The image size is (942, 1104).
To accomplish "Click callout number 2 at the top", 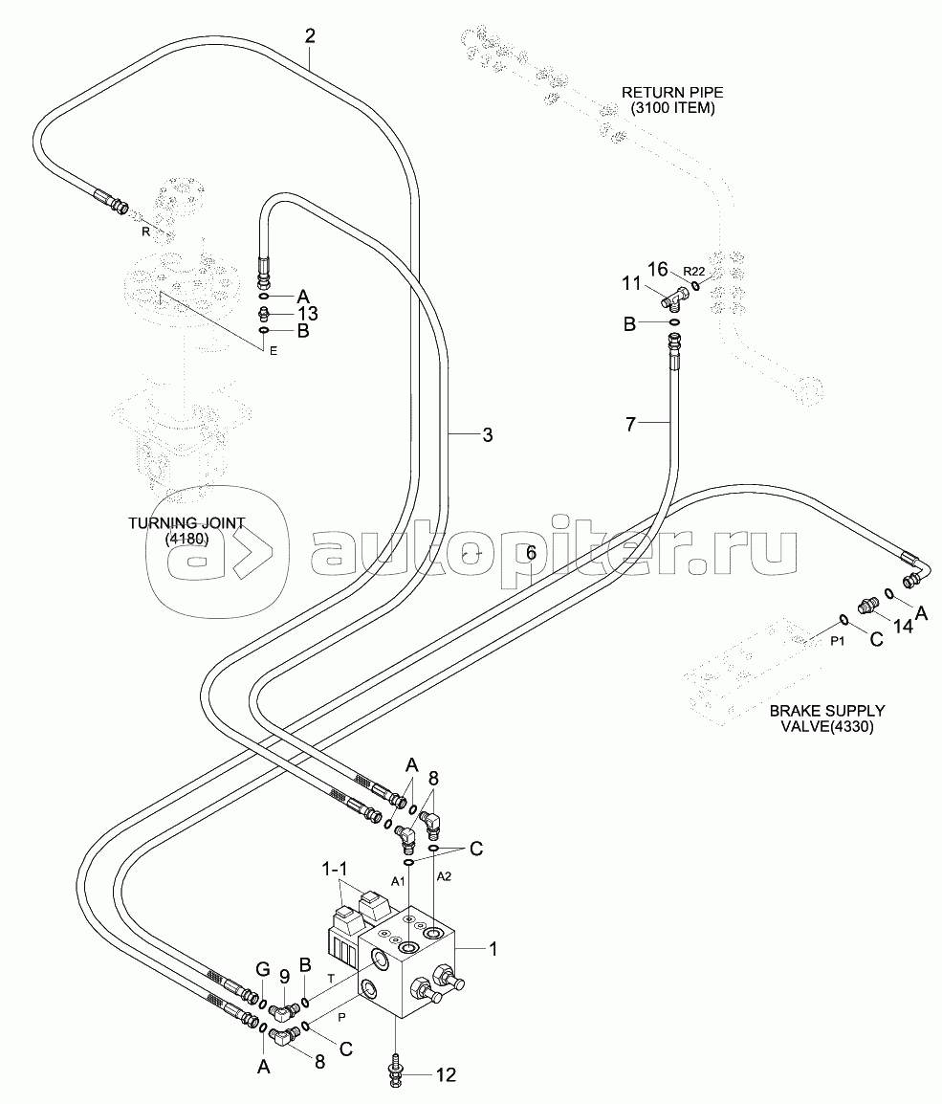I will click(310, 36).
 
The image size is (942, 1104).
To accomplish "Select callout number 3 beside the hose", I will click(487, 435).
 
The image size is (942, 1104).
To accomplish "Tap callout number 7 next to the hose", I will click(630, 424).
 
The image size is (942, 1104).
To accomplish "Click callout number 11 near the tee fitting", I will click(631, 282).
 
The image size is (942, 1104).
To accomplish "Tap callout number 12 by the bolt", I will click(445, 1076).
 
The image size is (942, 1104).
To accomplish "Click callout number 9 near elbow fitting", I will click(284, 978).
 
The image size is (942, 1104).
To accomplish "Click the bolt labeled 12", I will click(395, 1069).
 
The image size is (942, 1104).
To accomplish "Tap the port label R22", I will click(693, 271).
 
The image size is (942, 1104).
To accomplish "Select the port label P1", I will click(837, 641).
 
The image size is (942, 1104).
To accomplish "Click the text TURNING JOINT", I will click(186, 523).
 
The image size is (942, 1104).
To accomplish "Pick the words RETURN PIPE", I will click(673, 93).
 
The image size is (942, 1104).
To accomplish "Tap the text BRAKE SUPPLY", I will click(827, 711).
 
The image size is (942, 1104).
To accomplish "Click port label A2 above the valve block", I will click(445, 875).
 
